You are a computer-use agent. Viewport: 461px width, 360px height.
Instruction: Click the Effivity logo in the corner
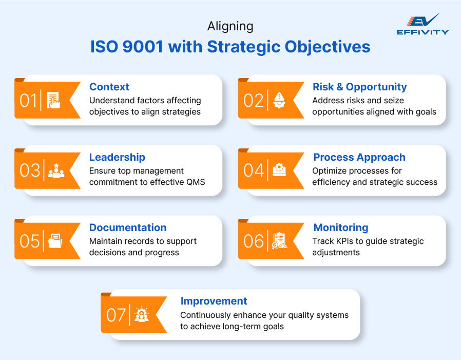pos(422,24)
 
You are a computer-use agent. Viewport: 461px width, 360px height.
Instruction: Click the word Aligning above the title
pos(230,26)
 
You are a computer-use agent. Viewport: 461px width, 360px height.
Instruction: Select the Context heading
pos(109,87)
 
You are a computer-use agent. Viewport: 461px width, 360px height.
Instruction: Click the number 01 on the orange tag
pos(29,100)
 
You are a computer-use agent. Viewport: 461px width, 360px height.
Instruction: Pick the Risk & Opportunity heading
pos(359,87)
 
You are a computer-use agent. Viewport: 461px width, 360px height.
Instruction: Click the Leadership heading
pos(117,157)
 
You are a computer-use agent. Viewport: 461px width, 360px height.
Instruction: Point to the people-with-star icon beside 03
pos(56,170)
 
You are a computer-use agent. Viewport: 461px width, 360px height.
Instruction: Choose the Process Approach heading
pos(359,157)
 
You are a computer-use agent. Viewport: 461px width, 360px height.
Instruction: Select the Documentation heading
pos(128,228)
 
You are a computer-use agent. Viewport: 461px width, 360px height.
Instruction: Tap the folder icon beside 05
pos(55,241)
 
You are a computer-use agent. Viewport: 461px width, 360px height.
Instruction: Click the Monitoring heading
pos(340,228)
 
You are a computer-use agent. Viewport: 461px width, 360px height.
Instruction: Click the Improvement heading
pos(214,301)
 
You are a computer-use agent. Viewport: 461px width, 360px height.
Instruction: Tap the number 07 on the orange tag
pos(116,315)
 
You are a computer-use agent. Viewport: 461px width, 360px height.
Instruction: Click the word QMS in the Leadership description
pos(195,182)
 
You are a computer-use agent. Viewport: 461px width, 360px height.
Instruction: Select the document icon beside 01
pos(53,100)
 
